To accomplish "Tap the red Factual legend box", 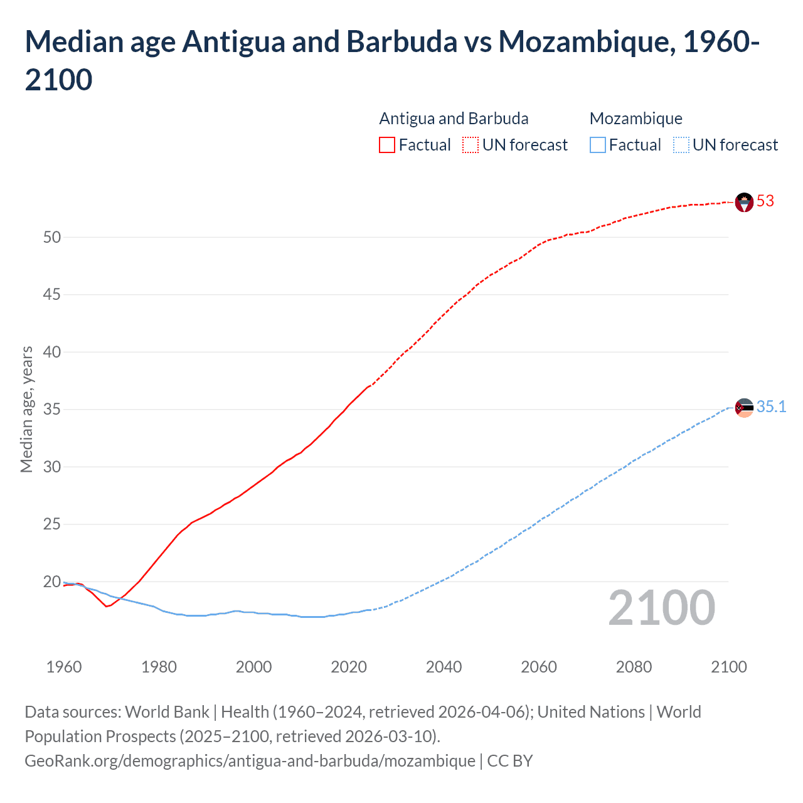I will (x=387, y=145).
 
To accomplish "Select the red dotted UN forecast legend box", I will (x=471, y=145).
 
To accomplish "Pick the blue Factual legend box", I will (x=598, y=145).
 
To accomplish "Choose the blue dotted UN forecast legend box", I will (x=681, y=145).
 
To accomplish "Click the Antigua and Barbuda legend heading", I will (x=454, y=119).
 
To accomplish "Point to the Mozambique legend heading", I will (x=635, y=119).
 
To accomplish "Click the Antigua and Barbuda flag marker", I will (x=743, y=202).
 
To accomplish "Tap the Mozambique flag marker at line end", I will (x=743, y=408).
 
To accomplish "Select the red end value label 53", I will (x=765, y=201).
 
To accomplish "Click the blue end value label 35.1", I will (x=771, y=407).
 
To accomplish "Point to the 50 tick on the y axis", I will (x=52, y=237).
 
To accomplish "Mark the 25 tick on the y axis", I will (x=52, y=524).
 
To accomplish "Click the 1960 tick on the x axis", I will (x=64, y=667).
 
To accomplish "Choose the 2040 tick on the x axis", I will (x=444, y=667).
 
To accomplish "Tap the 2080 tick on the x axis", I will (x=634, y=667).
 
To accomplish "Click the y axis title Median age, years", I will (x=26, y=409).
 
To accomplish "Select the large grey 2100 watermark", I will (x=661, y=608).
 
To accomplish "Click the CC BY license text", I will (x=510, y=761).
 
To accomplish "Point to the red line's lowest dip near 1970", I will (x=107, y=606).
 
